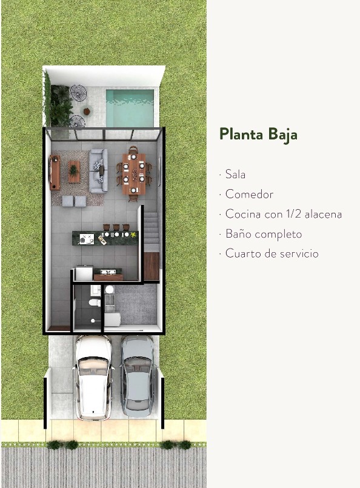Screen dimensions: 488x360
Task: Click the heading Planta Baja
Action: (258, 134)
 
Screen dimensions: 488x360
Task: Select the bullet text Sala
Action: (235, 175)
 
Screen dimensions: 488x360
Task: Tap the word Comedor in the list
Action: (249, 195)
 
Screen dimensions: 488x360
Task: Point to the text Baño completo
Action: (263, 234)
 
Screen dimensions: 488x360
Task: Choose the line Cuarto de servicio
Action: (271, 253)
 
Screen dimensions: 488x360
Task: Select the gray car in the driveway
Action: (137, 376)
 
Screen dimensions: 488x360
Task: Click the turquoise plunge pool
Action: (130, 107)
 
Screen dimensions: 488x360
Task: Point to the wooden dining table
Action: (134, 173)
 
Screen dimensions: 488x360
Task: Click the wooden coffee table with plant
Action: (74, 172)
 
